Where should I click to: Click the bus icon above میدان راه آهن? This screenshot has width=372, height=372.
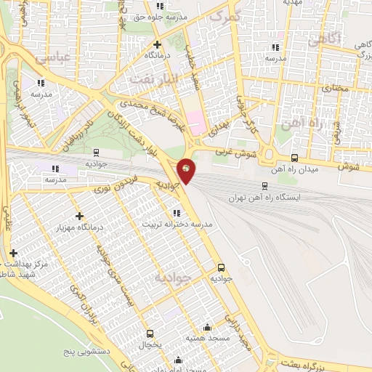pyautogui.click(x=294, y=158)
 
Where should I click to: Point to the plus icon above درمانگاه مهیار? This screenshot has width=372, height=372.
pyautogui.click(x=79, y=216)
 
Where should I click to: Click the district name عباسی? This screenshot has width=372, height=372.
pyautogui.click(x=53, y=56)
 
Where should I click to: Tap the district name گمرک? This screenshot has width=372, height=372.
pyautogui.click(x=223, y=15)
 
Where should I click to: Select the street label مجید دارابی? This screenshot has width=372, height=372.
pyautogui.click(x=238, y=333)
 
